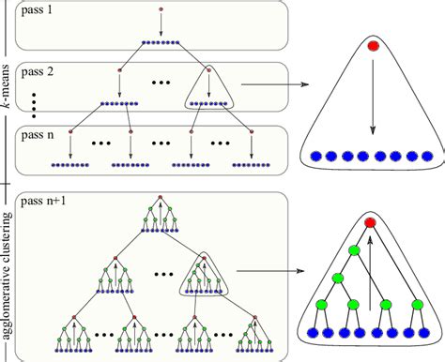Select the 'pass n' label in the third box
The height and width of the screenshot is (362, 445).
pyautogui.click(x=37, y=136)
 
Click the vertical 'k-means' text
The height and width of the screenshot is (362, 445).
pyautogui.click(x=7, y=94)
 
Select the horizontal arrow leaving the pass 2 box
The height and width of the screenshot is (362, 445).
pyautogui.click(x=272, y=85)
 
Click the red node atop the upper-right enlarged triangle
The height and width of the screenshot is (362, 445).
pyautogui.click(x=373, y=44)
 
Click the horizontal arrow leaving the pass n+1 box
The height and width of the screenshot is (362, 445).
pyautogui.click(x=272, y=272)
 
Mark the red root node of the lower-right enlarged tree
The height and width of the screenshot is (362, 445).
pyautogui.click(x=373, y=222)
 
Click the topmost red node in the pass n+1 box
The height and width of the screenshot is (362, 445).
pyautogui.click(x=161, y=198)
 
